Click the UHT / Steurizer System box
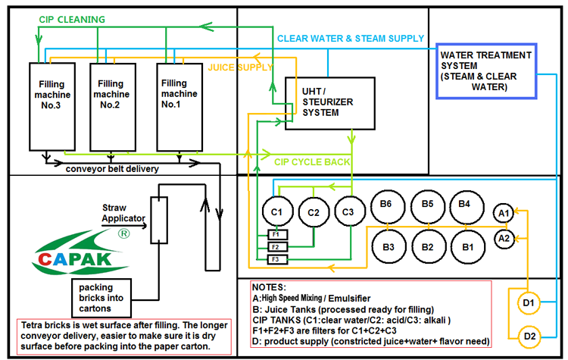319,102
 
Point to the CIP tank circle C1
277,212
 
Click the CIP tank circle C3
348,212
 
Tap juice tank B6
387,205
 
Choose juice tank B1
468,246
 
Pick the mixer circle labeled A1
504,214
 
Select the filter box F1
277,234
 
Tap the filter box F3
277,260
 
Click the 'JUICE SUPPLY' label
240,67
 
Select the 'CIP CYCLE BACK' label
312,161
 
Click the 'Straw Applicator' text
123,213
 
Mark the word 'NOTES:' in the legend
271,289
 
